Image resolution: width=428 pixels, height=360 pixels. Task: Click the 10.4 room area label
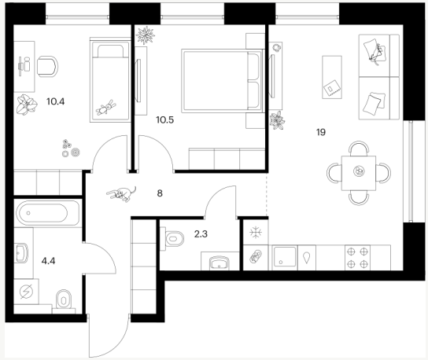point(55,101)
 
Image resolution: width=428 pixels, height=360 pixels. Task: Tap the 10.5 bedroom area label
point(165,119)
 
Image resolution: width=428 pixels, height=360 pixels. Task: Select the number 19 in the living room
point(321,132)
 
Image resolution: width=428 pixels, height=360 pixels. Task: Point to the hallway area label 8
point(160,193)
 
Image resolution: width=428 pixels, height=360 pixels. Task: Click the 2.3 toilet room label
point(201,234)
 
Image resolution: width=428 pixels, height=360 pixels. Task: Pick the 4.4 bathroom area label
point(48,261)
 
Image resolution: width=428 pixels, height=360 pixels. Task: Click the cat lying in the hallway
point(121,194)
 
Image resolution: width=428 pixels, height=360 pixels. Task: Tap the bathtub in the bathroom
point(42,213)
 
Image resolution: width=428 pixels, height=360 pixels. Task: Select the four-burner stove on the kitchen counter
point(357,258)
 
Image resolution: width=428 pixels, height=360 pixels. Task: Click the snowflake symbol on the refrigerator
point(256,233)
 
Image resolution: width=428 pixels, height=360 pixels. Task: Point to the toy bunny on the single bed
point(106,107)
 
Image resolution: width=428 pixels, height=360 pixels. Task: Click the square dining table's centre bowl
point(359,171)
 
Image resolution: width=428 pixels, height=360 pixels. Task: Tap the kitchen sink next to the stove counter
point(285,256)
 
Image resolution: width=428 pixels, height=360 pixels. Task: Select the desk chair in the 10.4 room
point(47,67)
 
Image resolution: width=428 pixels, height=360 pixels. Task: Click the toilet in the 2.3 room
point(174,239)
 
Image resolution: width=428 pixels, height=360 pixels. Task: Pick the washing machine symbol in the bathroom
point(27,292)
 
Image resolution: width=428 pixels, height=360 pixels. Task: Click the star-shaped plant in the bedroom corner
point(146,35)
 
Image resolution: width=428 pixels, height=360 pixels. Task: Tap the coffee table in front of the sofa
point(332,77)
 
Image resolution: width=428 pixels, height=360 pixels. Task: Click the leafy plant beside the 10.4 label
point(27,105)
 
